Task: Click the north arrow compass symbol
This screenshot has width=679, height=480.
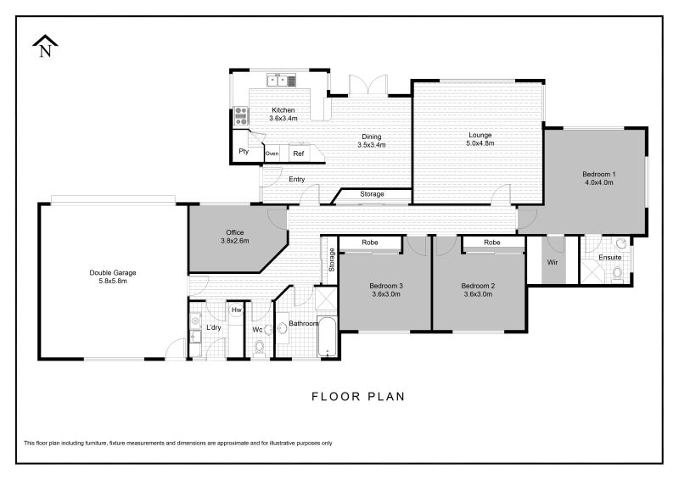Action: point(45,46)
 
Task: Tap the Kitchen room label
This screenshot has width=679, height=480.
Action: point(283,114)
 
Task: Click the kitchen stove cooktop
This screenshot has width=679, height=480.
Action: point(241,115)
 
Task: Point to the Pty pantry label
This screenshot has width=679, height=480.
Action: point(244,151)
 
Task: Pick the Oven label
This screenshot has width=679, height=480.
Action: point(272,153)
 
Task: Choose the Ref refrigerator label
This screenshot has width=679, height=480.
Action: point(299,153)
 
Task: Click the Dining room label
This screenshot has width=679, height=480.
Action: point(372,141)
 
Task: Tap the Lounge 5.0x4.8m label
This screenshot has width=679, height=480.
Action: point(480,139)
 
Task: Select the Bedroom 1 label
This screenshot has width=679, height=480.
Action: point(599,178)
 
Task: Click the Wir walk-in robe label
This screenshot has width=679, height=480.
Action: point(553,262)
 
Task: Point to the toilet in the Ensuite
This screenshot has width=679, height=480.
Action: point(618,273)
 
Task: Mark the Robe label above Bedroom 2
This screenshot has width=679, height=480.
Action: point(492,243)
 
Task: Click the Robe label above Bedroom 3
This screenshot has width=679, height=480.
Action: point(370,243)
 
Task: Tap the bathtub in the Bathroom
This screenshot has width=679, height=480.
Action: point(328,338)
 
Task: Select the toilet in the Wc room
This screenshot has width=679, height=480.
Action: point(260,348)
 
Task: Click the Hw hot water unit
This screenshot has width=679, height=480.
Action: point(236,310)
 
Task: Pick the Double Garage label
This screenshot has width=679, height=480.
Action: point(113,276)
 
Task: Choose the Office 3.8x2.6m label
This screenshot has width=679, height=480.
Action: point(235,237)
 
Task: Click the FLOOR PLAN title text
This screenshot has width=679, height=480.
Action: point(358,396)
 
